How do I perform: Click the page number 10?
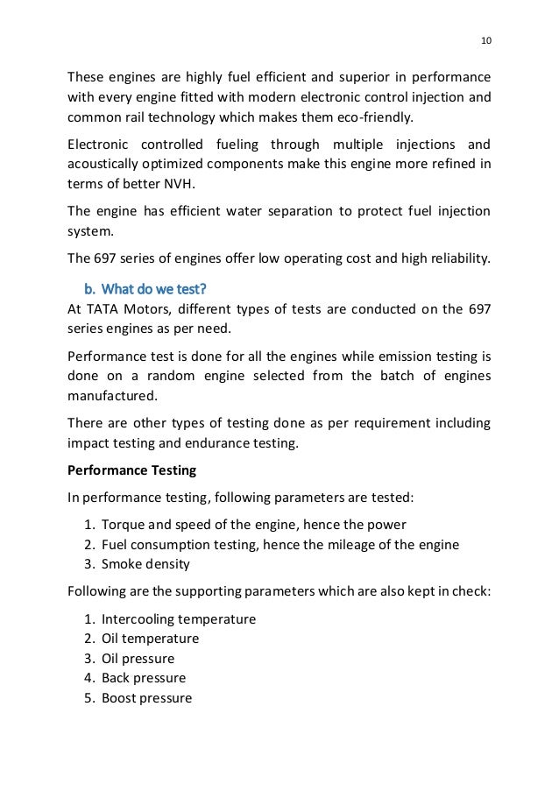pos(486,39)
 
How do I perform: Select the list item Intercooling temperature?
pos(179,619)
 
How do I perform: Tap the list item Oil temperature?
pos(150,639)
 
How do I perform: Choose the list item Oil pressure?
pos(138,659)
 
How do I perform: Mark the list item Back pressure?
pos(144,678)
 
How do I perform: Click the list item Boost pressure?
pos(146,698)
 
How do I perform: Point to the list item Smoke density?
pos(146,564)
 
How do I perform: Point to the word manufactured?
pos(110,394)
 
